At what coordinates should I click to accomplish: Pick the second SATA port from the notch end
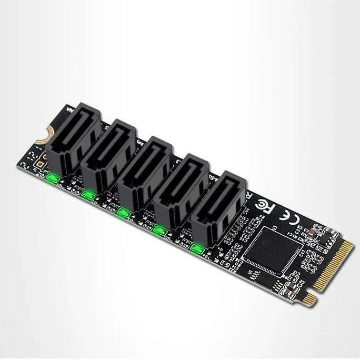(108, 156)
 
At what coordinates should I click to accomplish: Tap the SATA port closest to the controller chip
(217, 207)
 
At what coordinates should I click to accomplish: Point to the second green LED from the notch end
(88, 195)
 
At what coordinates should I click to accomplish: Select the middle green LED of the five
(124, 213)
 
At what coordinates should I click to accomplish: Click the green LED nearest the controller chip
(197, 248)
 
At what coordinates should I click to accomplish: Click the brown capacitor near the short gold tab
(290, 288)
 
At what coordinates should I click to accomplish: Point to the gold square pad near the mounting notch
(40, 163)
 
